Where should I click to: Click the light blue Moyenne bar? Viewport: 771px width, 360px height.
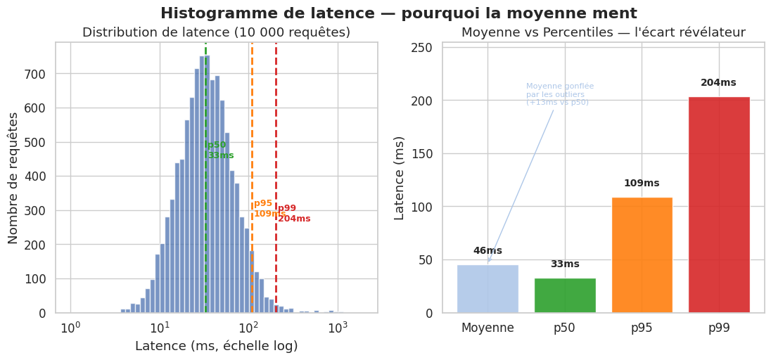[x=488, y=289]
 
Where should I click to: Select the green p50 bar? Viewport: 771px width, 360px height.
[x=565, y=295]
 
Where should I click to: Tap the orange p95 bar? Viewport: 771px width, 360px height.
[x=642, y=255]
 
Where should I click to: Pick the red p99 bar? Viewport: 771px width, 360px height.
[x=719, y=205]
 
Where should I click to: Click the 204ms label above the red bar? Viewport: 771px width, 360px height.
[x=718, y=83]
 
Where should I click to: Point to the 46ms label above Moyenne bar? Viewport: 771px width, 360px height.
[x=488, y=251]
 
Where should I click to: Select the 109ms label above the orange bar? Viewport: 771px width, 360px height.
[x=642, y=184]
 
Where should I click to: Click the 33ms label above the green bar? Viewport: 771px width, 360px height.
[x=565, y=264]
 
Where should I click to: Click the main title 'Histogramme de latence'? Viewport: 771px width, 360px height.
[x=399, y=13]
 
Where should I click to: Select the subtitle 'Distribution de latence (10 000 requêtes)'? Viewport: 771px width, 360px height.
[x=216, y=32]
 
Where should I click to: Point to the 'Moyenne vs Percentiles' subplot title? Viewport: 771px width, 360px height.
[x=603, y=32]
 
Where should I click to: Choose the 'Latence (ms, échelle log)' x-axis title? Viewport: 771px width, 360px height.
[x=216, y=346]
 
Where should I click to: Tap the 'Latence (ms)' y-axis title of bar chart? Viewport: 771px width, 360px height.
[x=400, y=177]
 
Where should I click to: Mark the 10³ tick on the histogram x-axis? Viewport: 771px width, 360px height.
[x=338, y=328]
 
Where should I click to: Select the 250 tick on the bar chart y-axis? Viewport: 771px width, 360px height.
[x=421, y=48]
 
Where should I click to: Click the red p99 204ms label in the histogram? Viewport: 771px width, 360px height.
[x=293, y=214]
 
